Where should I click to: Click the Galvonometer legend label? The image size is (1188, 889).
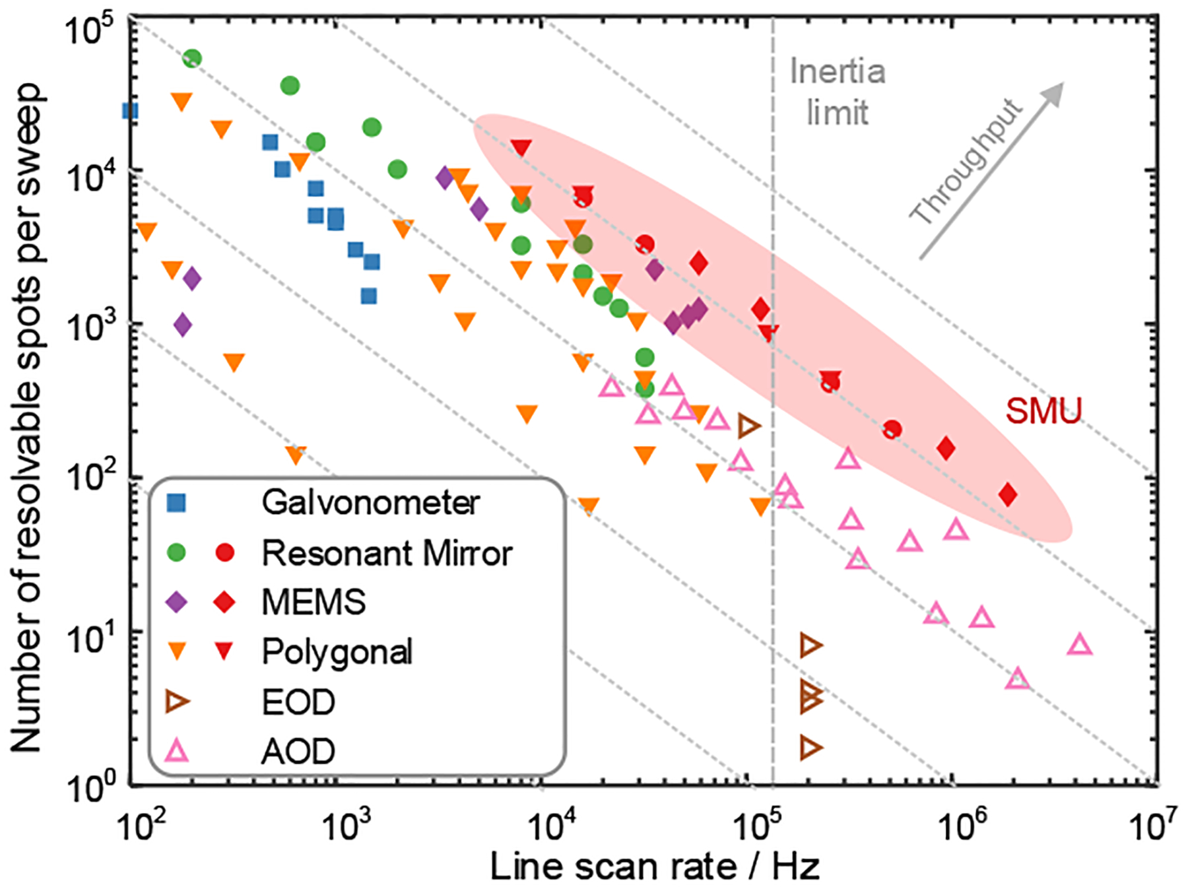click(370, 503)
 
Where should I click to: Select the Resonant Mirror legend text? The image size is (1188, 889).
click(387, 553)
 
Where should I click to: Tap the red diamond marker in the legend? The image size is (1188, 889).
click(225, 602)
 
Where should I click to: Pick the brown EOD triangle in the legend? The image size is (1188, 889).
click(177, 702)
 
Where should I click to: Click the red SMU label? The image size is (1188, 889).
click(1043, 411)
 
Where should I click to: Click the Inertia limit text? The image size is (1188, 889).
click(838, 92)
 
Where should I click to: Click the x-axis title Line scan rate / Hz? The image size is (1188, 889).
click(655, 867)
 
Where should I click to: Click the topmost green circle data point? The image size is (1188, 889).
click(191, 59)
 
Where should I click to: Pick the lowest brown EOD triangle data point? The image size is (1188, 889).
click(810, 748)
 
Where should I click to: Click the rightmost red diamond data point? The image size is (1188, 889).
click(1007, 494)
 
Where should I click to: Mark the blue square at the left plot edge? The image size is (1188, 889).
click(131, 111)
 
